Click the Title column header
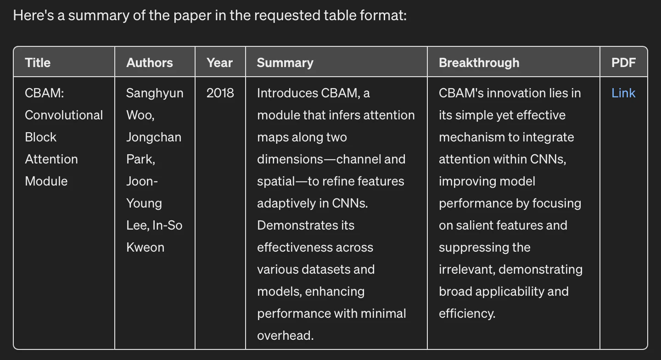38,62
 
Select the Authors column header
150,62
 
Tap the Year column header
219,62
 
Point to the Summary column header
285,63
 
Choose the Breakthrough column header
479,63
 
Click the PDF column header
623,62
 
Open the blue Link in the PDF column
623,93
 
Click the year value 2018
220,93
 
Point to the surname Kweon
145,247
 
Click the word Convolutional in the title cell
64,115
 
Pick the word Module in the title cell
46,181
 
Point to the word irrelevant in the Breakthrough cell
465,270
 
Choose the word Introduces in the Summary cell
287,93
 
